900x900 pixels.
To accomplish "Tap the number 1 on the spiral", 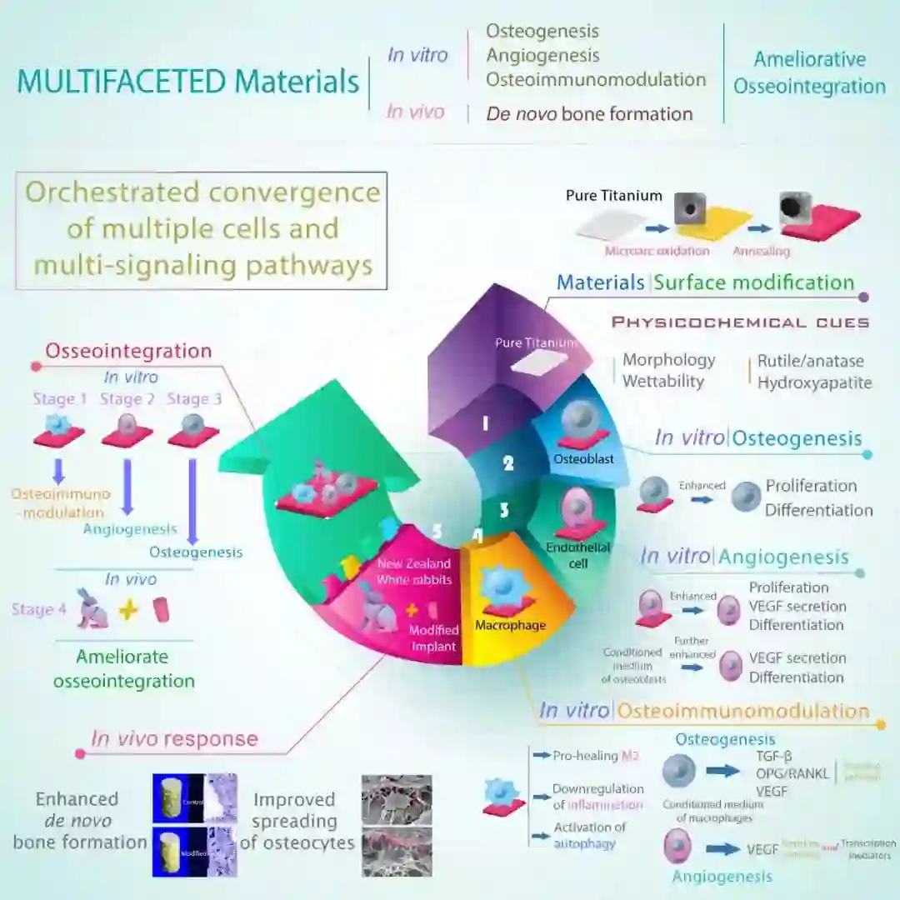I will [485, 423].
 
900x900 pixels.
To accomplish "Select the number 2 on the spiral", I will [508, 463].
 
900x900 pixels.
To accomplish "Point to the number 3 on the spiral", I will [504, 507].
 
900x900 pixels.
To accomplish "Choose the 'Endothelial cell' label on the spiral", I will [578, 555].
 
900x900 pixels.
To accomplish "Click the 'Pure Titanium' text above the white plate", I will [613, 196].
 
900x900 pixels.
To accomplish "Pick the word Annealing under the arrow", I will [761, 251].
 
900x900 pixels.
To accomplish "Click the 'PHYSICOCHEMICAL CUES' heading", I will [740, 322].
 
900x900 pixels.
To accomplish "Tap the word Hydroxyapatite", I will [814, 383].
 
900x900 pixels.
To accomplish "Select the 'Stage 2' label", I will [127, 399].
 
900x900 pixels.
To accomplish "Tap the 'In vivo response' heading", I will [174, 738].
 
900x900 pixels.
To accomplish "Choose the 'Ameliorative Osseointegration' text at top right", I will [808, 72].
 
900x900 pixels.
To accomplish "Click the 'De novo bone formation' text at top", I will [589, 114].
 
